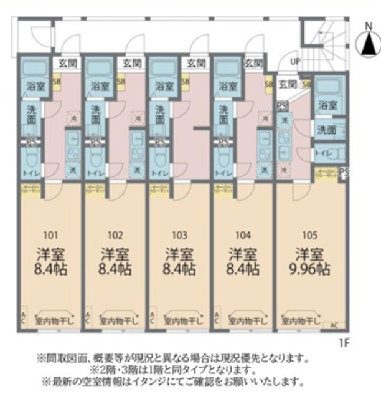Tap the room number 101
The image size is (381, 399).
click(51, 235)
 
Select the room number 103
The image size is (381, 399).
click(179, 235)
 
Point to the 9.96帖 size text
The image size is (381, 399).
click(309, 270)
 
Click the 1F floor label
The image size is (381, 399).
click(345, 342)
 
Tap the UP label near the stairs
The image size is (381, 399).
click(294, 62)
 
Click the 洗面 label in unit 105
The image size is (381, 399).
click(327, 130)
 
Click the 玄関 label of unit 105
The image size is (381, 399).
click(287, 84)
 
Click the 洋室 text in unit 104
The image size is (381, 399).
click(243, 254)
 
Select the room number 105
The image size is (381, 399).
click(309, 235)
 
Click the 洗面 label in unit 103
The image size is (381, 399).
click(160, 113)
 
